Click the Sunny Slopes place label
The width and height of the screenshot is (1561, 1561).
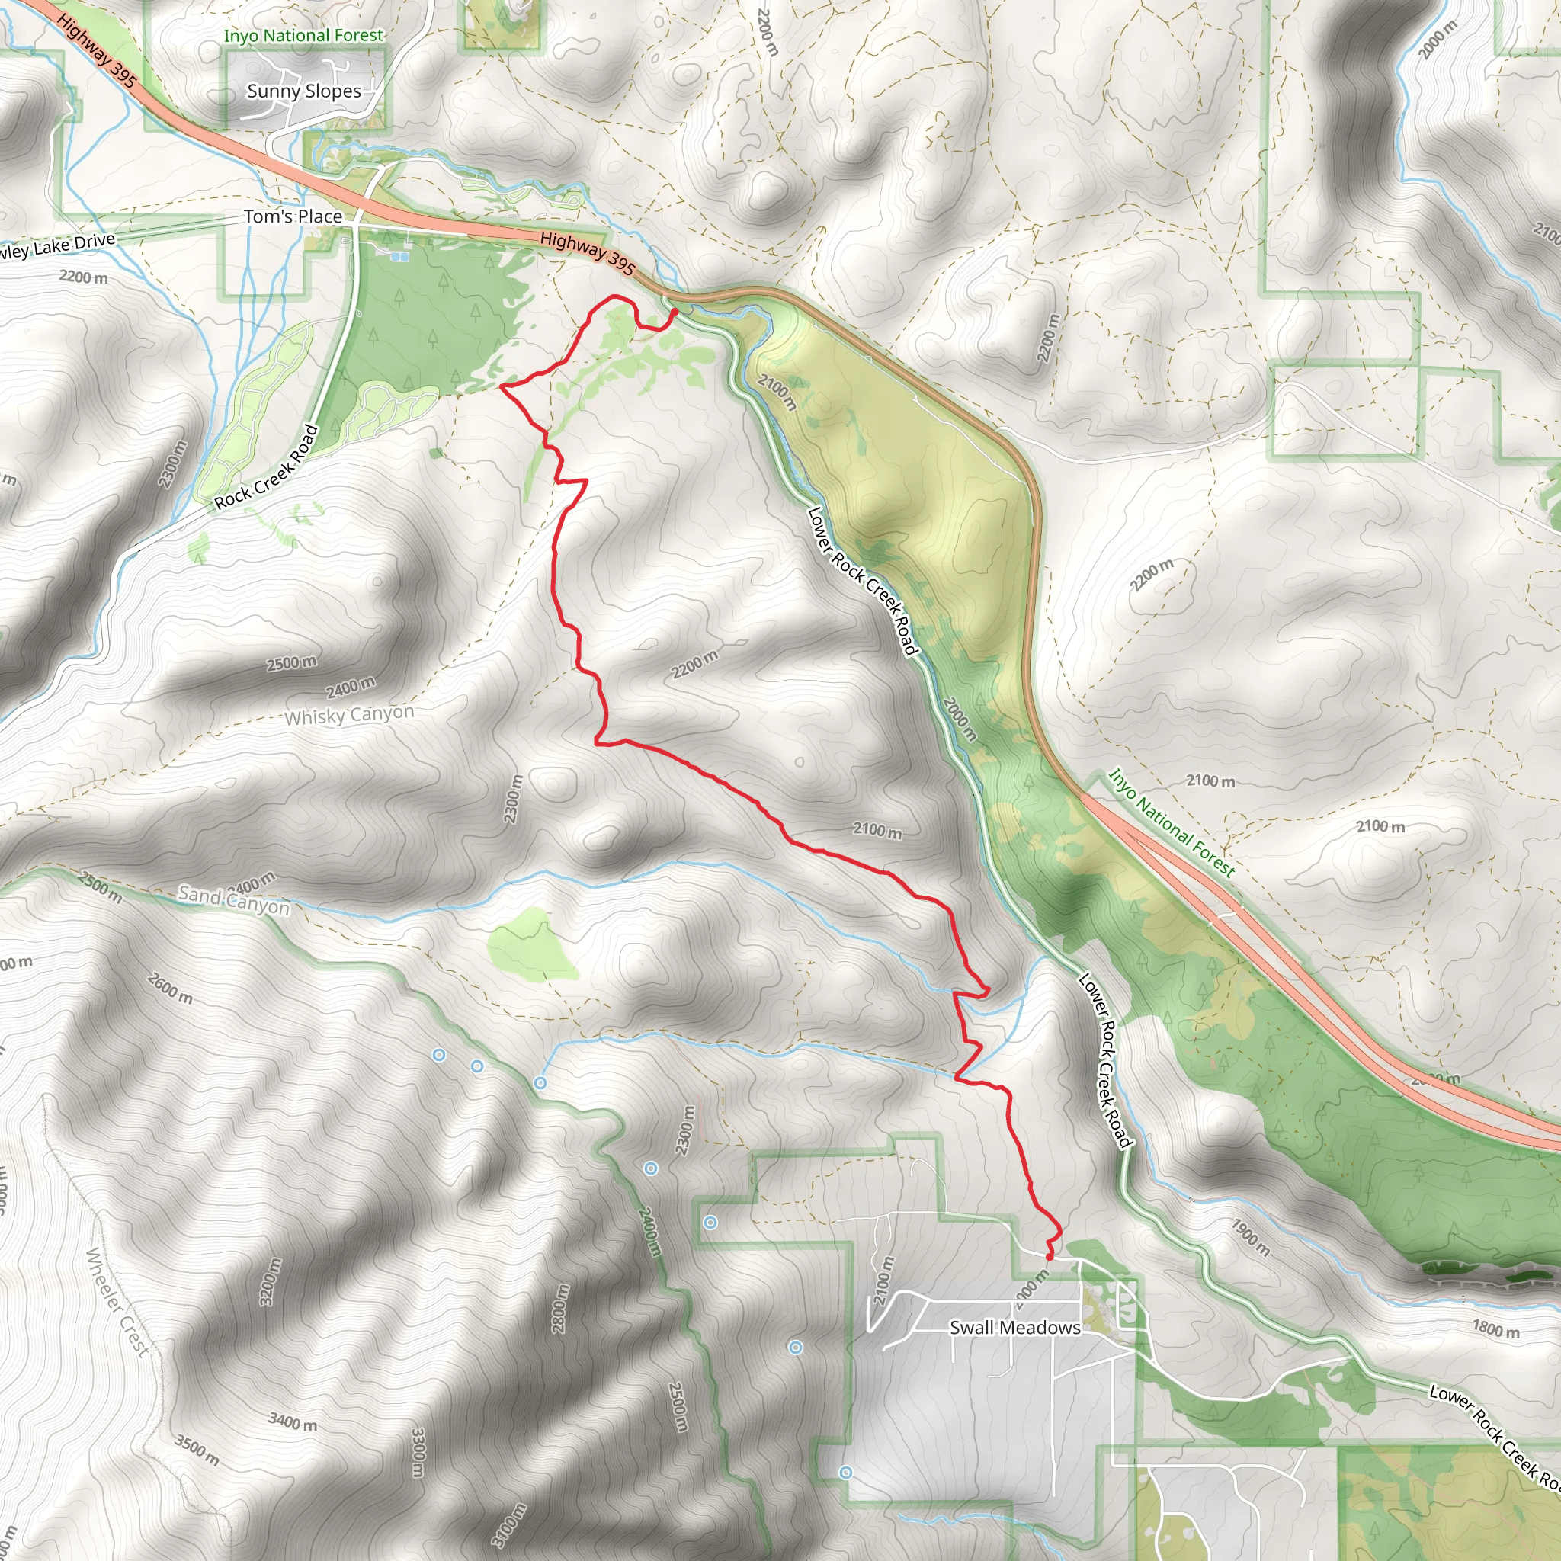pos(304,91)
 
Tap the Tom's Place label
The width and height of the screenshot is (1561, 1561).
pos(293,216)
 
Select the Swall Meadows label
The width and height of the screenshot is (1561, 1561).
pos(1014,1328)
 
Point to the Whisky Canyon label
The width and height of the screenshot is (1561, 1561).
pos(349,716)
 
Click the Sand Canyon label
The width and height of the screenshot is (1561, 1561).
pos(233,899)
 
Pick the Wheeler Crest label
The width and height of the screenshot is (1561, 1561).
pos(118,1302)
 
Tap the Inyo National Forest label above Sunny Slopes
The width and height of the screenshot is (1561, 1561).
pos(303,36)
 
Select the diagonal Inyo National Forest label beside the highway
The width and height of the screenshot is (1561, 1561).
pos(1171,822)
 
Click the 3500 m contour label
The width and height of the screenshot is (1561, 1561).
pos(197,1450)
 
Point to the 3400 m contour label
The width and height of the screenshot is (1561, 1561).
pos(293,1422)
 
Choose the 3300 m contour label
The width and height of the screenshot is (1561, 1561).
pos(418,1452)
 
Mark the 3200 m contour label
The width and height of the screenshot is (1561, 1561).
pos(271,1281)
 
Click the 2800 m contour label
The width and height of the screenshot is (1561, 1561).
pos(559,1309)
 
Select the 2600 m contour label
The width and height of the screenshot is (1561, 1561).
pos(171,987)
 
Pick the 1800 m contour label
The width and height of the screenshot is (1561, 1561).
pos(1495,1329)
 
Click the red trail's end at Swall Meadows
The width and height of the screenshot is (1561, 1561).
pos(1049,1257)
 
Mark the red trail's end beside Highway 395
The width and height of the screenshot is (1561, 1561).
pos(675,311)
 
